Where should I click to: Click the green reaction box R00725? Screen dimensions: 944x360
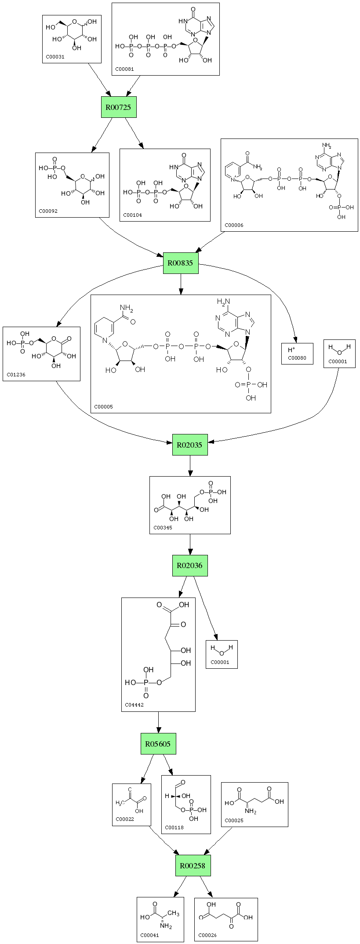coord(119,107)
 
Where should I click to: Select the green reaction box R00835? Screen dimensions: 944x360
coord(181,263)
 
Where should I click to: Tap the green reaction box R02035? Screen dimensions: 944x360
coord(189,445)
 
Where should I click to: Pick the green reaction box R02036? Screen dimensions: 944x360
coord(189,565)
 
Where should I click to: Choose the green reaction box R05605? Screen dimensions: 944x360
coord(158,744)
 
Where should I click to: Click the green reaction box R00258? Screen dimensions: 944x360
coord(193,865)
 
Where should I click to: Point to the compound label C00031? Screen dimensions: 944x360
coord(55,57)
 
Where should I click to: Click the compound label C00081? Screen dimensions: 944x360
coord(124,69)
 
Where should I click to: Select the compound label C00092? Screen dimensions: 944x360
coord(48,211)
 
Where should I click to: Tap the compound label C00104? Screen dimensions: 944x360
coord(133,215)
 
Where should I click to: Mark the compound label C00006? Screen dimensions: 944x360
coord(234,225)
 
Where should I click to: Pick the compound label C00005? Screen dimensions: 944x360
coord(103,407)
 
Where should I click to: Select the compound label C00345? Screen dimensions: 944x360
coord(163,528)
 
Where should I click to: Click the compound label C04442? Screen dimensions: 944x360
coord(134,705)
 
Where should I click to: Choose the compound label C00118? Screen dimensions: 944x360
coord(174,827)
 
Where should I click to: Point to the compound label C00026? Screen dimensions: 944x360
coord(207,935)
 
